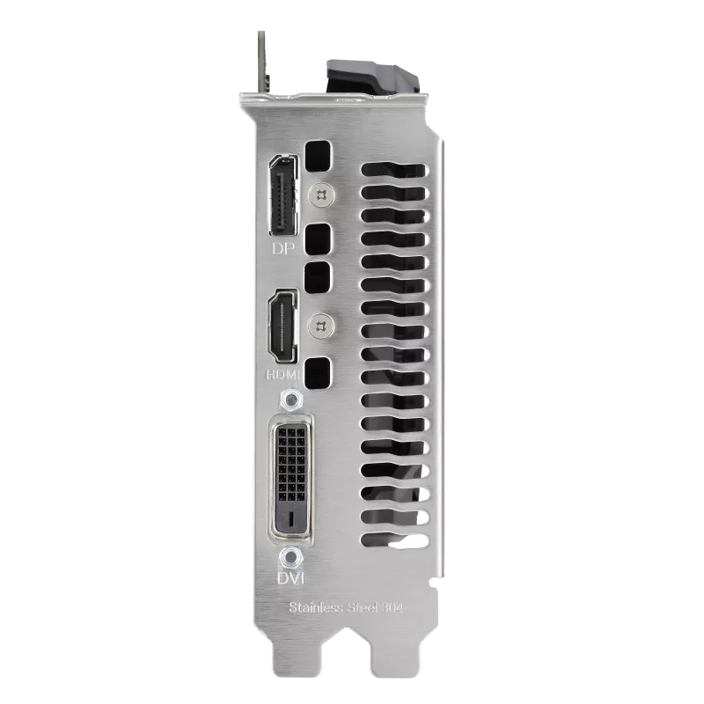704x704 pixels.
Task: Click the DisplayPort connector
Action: point(283,195)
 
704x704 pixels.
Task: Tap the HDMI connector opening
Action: point(282,326)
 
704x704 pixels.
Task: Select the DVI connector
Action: point(291,479)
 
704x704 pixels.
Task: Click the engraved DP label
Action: point(283,248)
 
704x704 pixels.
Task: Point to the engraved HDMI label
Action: point(282,374)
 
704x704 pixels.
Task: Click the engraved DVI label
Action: point(291,578)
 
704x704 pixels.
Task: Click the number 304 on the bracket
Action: point(392,608)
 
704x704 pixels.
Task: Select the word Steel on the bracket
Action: point(363,607)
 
